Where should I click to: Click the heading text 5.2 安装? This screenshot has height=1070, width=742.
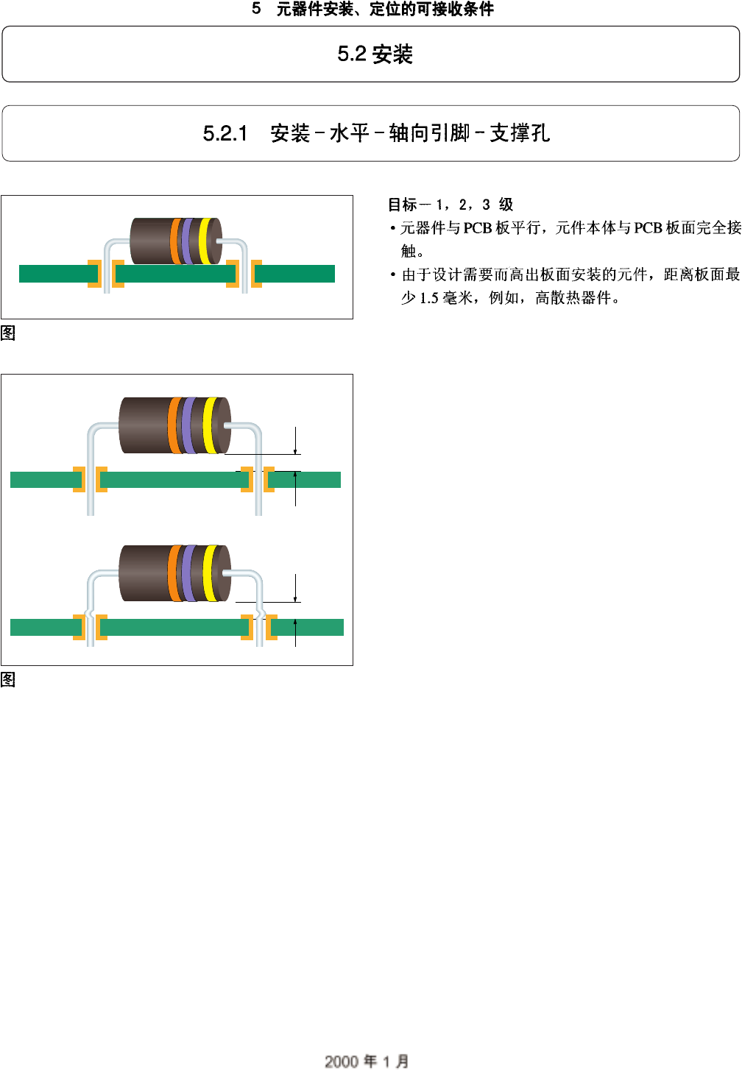(x=375, y=54)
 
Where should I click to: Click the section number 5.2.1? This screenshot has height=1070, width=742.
(x=225, y=134)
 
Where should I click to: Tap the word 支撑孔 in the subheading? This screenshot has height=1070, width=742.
(x=520, y=133)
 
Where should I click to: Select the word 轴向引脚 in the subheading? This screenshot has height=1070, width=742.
(x=429, y=133)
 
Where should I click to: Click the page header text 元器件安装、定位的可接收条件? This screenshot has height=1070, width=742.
(x=385, y=10)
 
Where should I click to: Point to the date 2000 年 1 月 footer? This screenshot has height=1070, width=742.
(x=367, y=1060)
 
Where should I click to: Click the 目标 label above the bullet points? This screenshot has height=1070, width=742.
(x=403, y=205)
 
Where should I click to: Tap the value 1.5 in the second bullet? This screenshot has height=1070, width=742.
(x=429, y=298)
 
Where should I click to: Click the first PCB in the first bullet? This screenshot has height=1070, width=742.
(x=477, y=228)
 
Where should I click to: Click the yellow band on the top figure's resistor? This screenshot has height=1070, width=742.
(x=204, y=241)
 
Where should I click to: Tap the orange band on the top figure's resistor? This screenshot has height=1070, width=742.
(x=175, y=241)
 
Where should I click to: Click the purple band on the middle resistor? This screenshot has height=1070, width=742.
(x=189, y=425)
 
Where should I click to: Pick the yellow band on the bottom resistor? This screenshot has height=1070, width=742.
(x=210, y=573)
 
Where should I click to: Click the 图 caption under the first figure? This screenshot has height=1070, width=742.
(x=8, y=333)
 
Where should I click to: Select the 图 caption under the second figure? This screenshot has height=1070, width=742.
(x=8, y=679)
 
